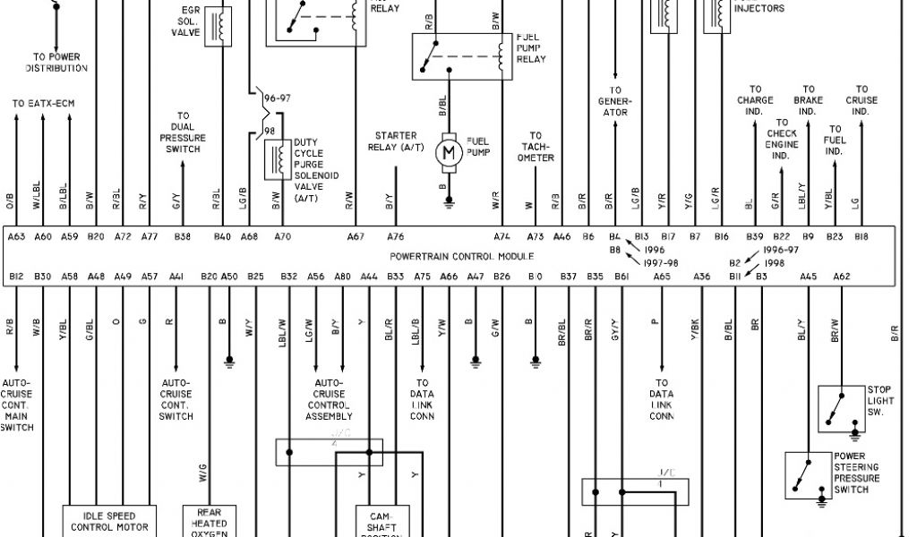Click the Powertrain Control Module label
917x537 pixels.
[x=461, y=256]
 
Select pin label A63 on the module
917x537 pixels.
[x=16, y=237]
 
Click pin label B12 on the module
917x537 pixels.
[x=16, y=277]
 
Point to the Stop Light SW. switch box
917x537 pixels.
[x=842, y=408]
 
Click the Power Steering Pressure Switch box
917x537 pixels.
[x=808, y=475]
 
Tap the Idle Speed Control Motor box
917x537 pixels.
[x=110, y=521]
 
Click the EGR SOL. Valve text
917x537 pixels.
[x=185, y=21]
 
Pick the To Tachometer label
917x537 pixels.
[x=536, y=147]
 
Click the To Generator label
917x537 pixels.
[x=616, y=101]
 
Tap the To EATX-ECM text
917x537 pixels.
[x=43, y=104]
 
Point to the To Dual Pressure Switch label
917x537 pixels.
[x=183, y=132]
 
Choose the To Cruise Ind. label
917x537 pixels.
[x=861, y=100]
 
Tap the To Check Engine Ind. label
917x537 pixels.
[x=781, y=139]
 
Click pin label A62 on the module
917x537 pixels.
[x=841, y=277]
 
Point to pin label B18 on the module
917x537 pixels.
[x=861, y=237]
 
